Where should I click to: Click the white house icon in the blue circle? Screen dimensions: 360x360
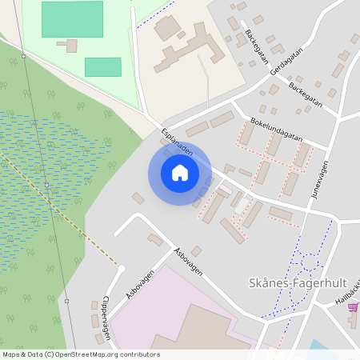click(x=180, y=173)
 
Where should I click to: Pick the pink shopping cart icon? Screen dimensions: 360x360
click(x=353, y=307)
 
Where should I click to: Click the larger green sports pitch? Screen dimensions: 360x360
click(x=72, y=18)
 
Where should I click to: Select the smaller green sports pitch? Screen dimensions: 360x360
click(x=102, y=67)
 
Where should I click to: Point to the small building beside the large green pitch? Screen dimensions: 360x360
click(x=72, y=46)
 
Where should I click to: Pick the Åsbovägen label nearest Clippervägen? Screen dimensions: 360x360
click(x=139, y=283)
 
